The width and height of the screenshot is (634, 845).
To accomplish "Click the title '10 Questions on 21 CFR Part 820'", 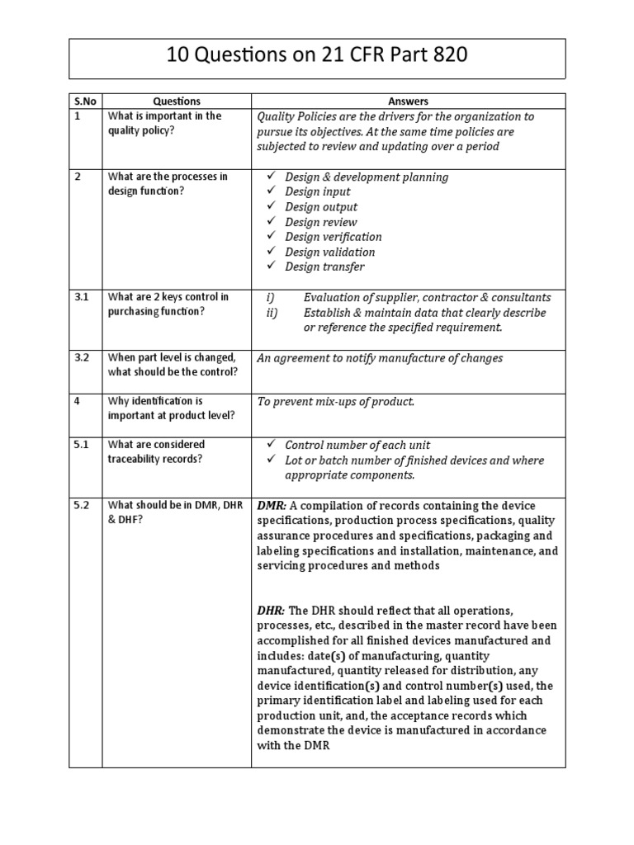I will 317,55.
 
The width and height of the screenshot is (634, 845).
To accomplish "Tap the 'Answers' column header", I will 408,101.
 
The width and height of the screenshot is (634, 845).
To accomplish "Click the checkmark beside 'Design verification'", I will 272,237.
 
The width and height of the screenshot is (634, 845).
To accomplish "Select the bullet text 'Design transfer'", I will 324,267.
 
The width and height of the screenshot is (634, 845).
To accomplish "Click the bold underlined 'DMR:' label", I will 272,506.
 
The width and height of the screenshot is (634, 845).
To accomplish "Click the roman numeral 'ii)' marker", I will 272,313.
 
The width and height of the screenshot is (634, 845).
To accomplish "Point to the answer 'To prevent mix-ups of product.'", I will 336,402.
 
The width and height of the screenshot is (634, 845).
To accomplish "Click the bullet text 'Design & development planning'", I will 367,177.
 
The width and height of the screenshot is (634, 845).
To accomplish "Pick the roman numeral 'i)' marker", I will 270,297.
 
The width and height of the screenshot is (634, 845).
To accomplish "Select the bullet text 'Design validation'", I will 329,252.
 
